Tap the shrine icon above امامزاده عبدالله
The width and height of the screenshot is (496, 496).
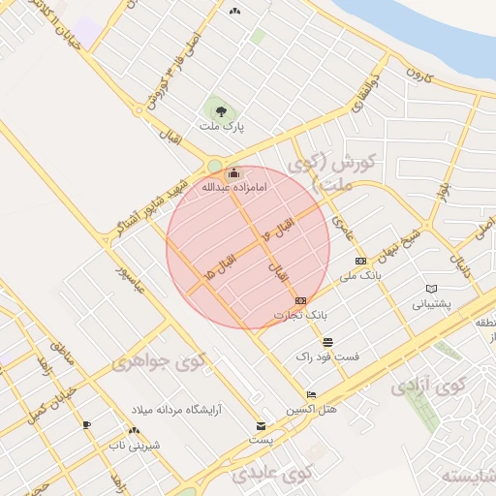(x=233, y=172)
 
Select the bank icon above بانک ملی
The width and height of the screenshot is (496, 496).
(x=360, y=261)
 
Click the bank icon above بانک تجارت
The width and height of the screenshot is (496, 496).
(x=300, y=300)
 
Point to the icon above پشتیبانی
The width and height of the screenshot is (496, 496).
(x=431, y=289)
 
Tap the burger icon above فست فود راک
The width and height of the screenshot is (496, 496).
(x=328, y=342)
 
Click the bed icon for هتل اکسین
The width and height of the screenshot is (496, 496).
(x=310, y=395)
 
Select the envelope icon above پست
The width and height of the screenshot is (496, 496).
(x=260, y=426)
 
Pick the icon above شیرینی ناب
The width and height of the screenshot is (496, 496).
(x=134, y=430)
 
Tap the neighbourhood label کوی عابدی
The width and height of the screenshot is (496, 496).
(x=272, y=474)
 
